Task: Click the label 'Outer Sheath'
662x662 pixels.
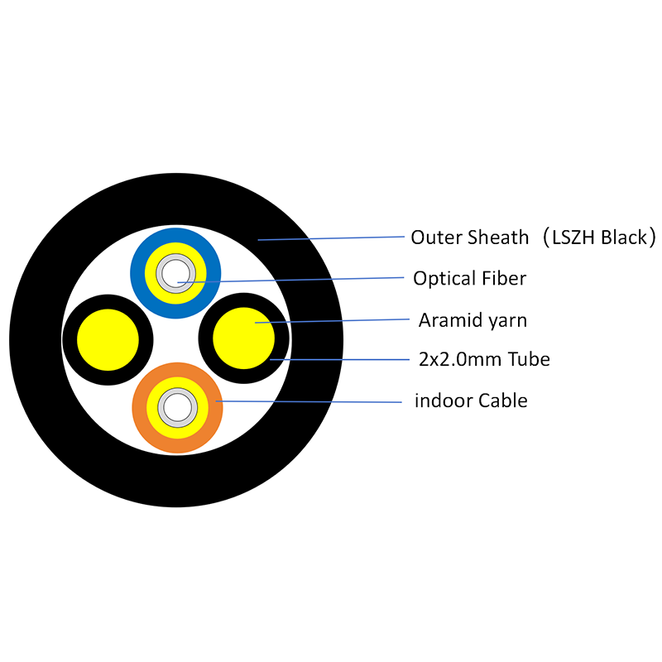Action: tap(469, 237)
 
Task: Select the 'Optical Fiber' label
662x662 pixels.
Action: tap(469, 279)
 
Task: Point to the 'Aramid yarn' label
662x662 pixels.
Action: tap(473, 319)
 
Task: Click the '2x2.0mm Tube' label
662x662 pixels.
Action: tap(484, 359)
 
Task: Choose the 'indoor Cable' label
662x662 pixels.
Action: tap(471, 401)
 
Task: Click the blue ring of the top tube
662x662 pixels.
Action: tap(175, 237)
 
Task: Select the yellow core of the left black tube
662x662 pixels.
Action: tap(108, 339)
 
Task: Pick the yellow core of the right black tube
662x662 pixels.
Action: tap(243, 339)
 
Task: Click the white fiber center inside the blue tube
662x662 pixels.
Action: tap(175, 274)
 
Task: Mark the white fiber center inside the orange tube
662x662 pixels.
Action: tap(175, 407)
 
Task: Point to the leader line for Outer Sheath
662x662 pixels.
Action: tap(331, 238)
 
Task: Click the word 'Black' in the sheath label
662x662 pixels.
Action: tap(626, 237)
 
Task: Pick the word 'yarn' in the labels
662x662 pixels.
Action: tap(507, 320)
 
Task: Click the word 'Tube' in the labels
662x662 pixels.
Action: tap(530, 359)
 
